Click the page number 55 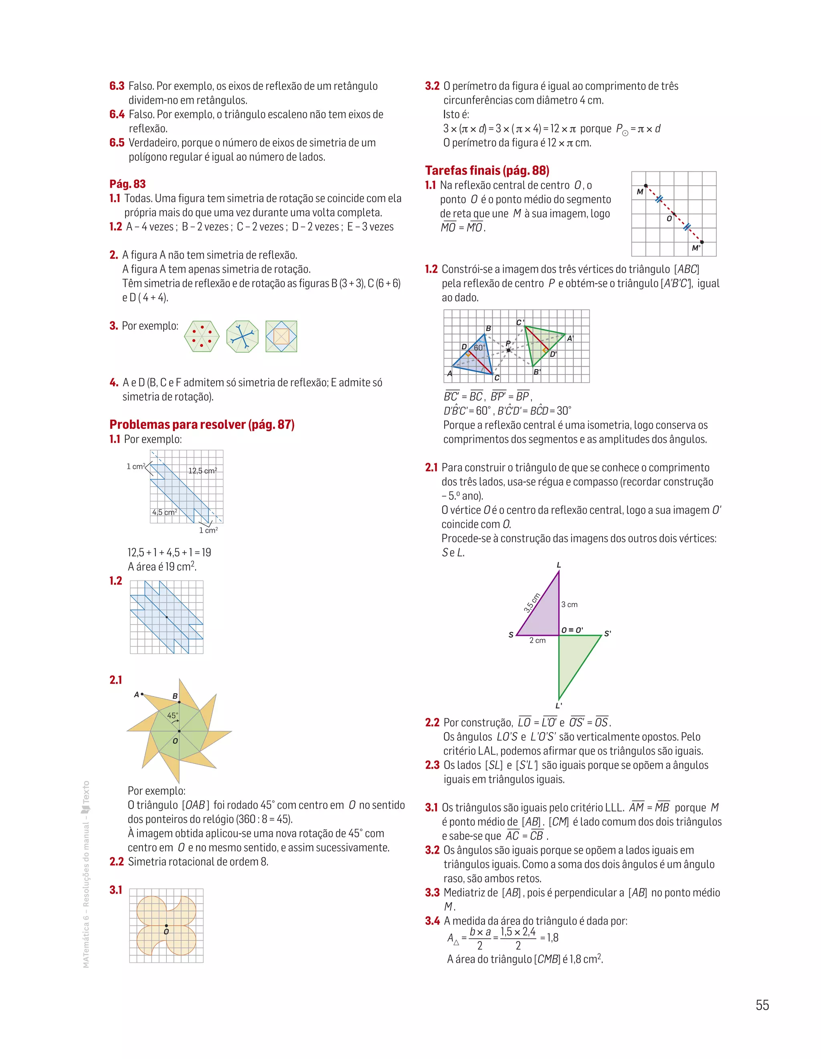tap(762, 1005)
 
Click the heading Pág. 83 tap(127, 184)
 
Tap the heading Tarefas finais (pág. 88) tap(487, 170)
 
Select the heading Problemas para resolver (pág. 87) tap(202, 424)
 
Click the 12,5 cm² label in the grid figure tap(202, 471)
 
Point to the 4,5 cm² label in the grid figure tap(164, 512)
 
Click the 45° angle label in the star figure tap(172, 715)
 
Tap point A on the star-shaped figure tap(142, 694)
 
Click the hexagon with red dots tap(202, 336)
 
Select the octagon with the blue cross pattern tap(242, 336)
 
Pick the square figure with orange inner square tap(281, 336)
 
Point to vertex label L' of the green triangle tap(559, 706)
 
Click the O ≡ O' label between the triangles tap(572, 630)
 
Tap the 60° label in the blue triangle tap(479, 348)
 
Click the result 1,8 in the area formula tap(552, 937)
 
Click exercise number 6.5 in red tap(117, 142)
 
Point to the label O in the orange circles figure tap(166, 931)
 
